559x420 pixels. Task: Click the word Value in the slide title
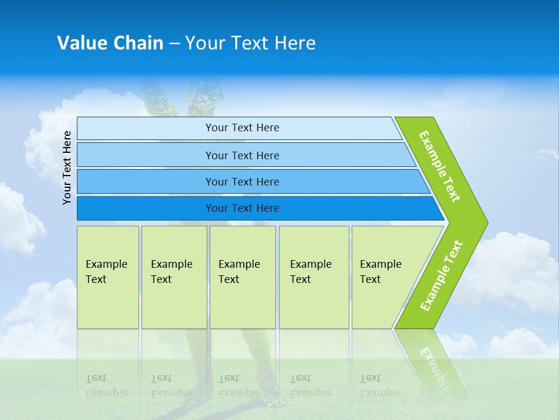[82, 43]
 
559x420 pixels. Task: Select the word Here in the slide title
[295, 43]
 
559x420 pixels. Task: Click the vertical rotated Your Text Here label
[67, 167]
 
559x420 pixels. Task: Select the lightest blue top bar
[239, 128]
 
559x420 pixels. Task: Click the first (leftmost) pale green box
[108, 276]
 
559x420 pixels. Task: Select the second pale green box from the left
[174, 276]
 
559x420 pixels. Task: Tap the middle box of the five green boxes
[242, 276]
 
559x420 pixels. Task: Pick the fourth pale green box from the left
[314, 276]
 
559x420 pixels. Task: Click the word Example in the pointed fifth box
[381, 264]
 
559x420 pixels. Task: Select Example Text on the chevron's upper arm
[440, 166]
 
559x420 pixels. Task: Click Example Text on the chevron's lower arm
[441, 276]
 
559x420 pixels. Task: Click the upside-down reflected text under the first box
[106, 386]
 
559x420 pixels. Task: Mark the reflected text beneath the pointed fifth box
[380, 386]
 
